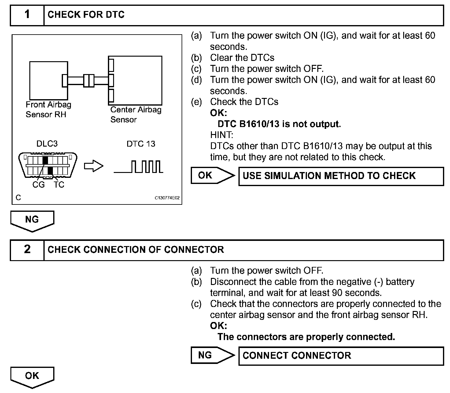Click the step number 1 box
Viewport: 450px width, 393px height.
[x=27, y=15]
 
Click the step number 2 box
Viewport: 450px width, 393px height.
[x=27, y=250]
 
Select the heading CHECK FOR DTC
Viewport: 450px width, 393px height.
[x=86, y=15]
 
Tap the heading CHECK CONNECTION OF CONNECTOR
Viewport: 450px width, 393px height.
[x=136, y=250]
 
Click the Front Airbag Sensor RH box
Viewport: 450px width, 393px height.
[x=48, y=80]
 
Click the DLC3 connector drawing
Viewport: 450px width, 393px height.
[x=48, y=165]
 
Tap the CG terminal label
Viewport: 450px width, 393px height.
[x=39, y=185]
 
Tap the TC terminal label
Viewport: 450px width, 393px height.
[x=59, y=185]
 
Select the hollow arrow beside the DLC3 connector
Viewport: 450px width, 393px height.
[x=94, y=166]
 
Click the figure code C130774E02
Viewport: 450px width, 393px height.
[x=167, y=198]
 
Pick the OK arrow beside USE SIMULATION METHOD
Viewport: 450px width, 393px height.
[x=212, y=175]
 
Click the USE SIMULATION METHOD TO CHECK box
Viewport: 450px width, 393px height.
[x=341, y=176]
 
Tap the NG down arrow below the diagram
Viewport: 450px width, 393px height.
[x=32, y=220]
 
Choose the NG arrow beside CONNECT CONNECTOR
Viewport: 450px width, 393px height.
[x=212, y=355]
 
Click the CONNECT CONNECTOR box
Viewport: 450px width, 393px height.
[x=341, y=356]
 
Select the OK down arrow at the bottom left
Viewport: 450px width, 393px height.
[x=32, y=377]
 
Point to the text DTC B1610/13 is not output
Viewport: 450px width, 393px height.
[x=279, y=124]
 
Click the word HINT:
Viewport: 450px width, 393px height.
[x=222, y=135]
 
